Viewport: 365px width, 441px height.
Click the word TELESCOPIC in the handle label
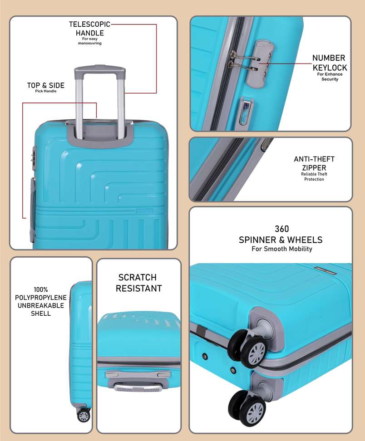(90, 24)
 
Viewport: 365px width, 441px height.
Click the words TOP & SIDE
(45, 85)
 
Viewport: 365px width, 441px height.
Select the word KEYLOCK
(330, 68)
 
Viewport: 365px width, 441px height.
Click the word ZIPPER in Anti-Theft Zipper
(314, 167)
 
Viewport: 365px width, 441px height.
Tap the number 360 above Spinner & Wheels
(282, 229)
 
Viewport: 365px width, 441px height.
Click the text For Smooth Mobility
(282, 249)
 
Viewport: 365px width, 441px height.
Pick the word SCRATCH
(138, 277)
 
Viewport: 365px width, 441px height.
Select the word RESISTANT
(139, 288)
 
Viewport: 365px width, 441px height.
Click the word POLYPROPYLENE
(41, 298)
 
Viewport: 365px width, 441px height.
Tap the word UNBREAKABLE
(41, 305)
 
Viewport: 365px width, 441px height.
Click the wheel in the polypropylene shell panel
(83, 416)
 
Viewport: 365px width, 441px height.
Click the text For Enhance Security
(330, 77)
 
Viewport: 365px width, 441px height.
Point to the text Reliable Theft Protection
(314, 176)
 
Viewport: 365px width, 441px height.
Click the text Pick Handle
(45, 91)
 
